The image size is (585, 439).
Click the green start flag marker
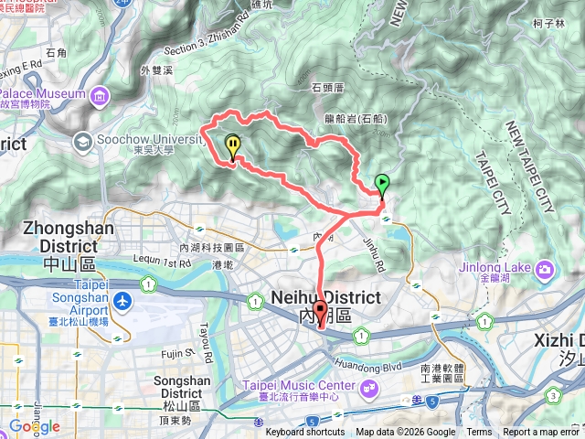pyautogui.click(x=381, y=183)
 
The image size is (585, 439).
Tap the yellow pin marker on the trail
pyautogui.click(x=233, y=146)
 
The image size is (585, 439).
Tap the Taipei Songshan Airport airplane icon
pyautogui.click(x=122, y=302)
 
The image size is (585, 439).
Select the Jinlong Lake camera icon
pyautogui.click(x=545, y=269)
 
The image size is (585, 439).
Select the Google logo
pyautogui.click(x=35, y=426)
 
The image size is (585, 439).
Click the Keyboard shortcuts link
pyautogui.click(x=305, y=433)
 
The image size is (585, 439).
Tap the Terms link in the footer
pyautogui.click(x=479, y=433)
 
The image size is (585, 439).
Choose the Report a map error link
pyautogui.click(x=541, y=433)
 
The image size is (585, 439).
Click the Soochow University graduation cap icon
pyautogui.click(x=84, y=141)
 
